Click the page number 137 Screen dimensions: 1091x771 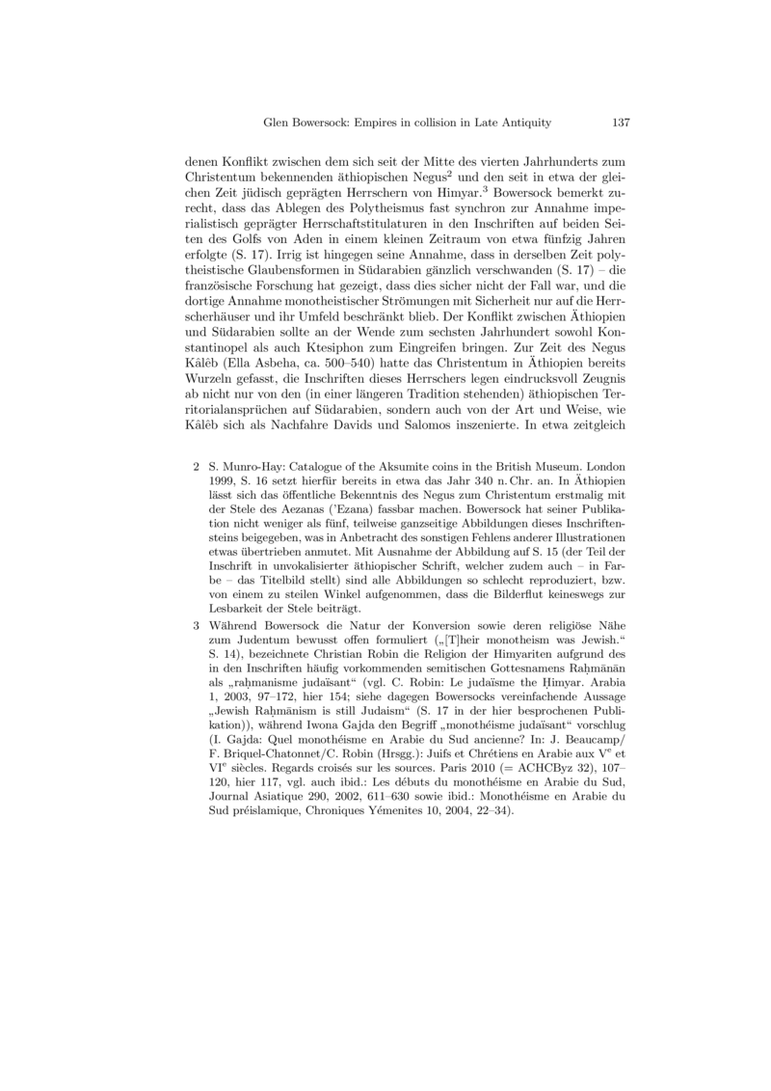(621, 123)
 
